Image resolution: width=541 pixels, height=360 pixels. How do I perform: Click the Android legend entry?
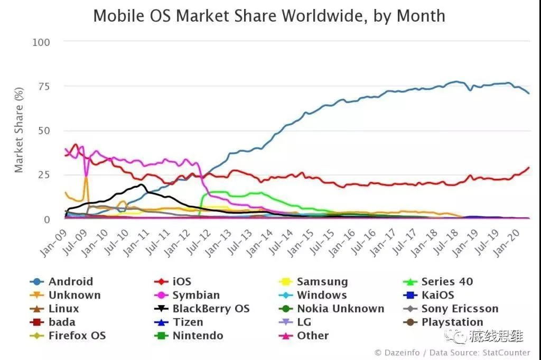tap(70, 282)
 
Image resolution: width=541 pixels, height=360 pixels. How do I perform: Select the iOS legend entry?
tap(181, 282)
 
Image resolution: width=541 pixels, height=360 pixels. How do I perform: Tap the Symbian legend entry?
tap(195, 295)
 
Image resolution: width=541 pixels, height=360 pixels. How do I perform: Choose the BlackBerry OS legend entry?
tap(211, 309)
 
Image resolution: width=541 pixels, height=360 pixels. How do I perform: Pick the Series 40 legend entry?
tap(447, 282)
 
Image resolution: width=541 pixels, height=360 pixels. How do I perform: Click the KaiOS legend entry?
tap(437, 295)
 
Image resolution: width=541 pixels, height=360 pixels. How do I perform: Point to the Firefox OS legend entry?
tap(77, 336)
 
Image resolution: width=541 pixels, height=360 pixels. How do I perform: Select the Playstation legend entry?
tap(452, 322)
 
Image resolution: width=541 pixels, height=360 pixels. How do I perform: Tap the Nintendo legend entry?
tap(198, 336)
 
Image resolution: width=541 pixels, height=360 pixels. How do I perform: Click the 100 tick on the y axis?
tap(41, 42)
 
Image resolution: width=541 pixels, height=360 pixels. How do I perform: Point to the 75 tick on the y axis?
tap(44, 87)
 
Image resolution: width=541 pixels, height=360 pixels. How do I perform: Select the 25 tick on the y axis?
tap(44, 175)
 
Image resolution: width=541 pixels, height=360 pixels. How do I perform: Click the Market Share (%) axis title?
tap(19, 131)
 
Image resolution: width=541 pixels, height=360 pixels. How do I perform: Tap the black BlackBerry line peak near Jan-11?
tap(141, 184)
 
